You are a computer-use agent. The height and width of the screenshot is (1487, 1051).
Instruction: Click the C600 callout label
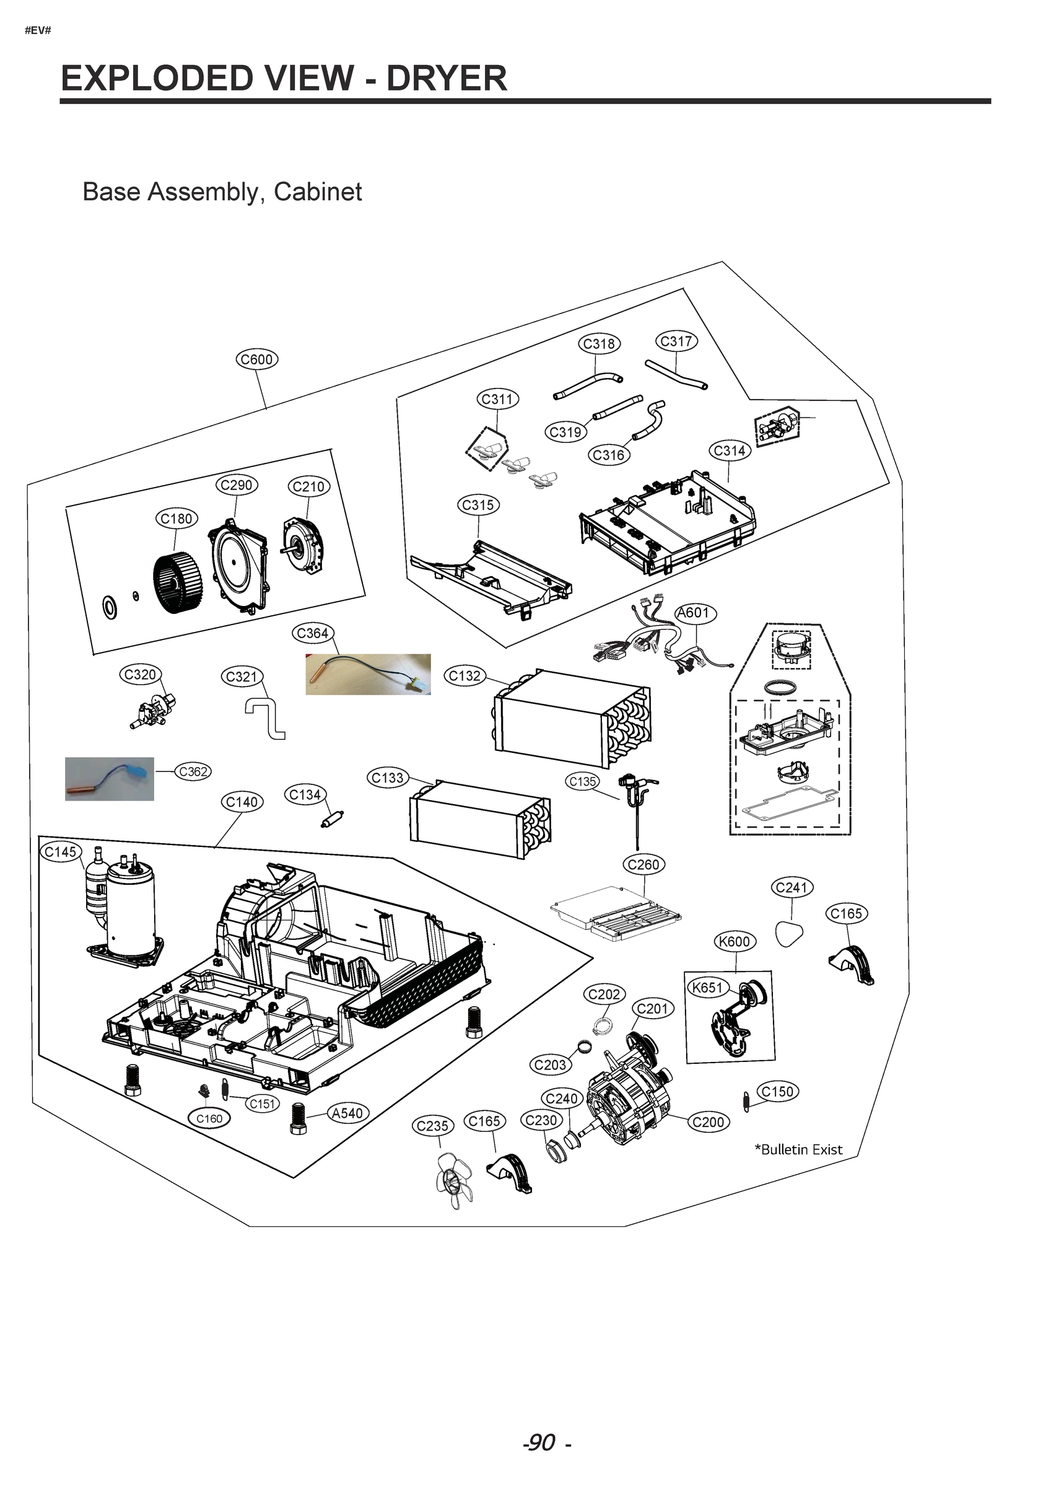[256, 359]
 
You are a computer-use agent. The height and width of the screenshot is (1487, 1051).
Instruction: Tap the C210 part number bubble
[308, 486]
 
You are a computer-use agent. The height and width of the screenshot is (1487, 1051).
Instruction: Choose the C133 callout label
[387, 778]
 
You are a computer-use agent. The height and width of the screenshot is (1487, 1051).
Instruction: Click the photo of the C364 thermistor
[368, 674]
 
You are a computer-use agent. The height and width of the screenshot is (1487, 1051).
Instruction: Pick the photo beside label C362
[110, 779]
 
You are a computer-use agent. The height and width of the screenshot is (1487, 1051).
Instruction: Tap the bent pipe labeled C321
[267, 717]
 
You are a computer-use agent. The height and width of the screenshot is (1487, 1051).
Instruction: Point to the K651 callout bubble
[707, 988]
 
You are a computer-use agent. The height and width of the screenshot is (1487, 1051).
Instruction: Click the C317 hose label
[676, 341]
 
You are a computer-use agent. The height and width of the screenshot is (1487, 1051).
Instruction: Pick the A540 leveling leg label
[347, 1113]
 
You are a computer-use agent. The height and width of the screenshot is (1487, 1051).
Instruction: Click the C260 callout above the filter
[643, 864]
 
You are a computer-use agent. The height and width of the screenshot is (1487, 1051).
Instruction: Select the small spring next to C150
[745, 1102]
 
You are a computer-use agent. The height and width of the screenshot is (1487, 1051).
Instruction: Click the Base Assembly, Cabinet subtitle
[222, 192]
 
